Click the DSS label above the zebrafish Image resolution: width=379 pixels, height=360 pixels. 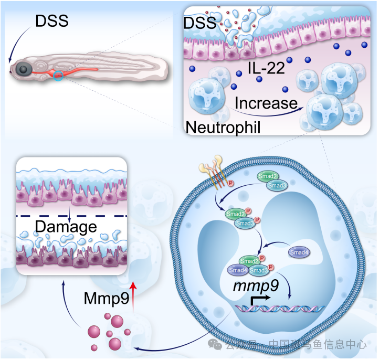[x=52, y=21]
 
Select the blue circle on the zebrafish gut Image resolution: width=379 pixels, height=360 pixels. [x=59, y=77]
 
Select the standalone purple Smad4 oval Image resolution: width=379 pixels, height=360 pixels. [x=299, y=252]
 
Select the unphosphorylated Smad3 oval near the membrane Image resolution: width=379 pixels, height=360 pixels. [x=277, y=185]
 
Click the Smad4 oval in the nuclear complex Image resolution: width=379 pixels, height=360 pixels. [x=238, y=270]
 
